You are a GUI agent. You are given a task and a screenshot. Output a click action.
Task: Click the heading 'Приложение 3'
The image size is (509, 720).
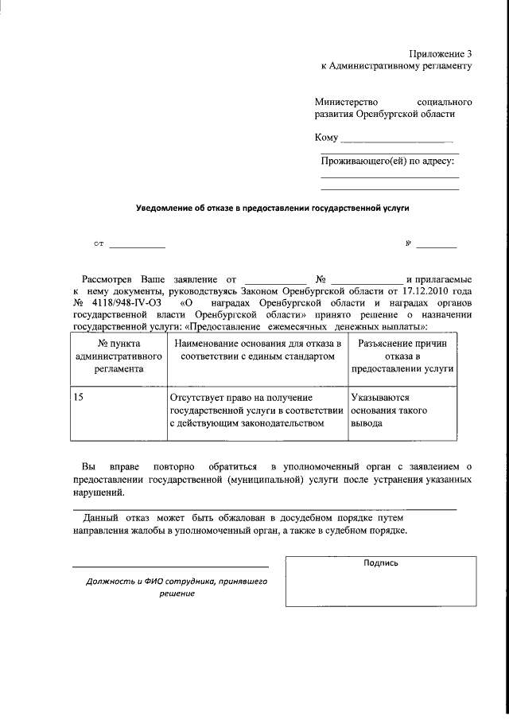click(441, 53)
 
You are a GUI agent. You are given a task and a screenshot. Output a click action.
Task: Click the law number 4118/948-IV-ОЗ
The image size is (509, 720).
click(125, 303)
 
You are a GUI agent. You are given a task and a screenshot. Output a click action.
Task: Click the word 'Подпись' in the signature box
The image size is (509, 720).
click(380, 562)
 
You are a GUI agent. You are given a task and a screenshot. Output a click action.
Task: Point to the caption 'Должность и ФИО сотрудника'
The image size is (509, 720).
click(177, 587)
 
